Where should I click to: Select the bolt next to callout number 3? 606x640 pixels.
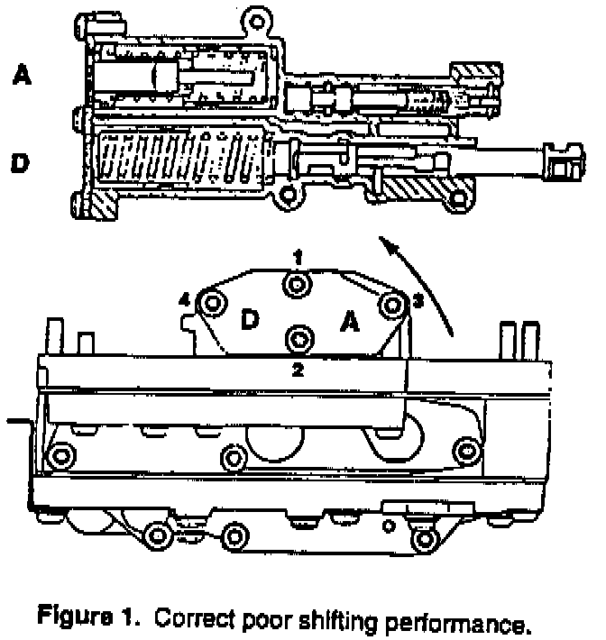[391, 306]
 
